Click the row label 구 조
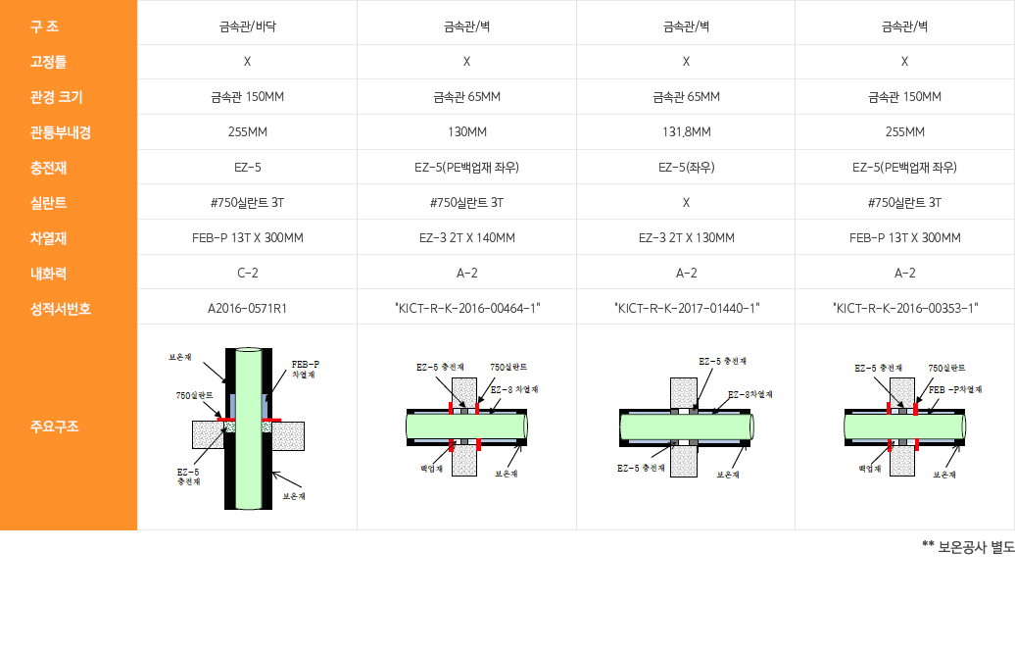pos(44,26)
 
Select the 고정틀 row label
pos(48,62)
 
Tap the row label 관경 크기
pos(56,97)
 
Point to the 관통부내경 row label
pos(60,132)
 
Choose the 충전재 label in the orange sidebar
pos(48,168)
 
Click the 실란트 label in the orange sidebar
pos(48,203)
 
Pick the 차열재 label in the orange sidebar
pos(48,238)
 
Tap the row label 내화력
pos(48,274)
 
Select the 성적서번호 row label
pos(60,309)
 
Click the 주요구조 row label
pos(54,427)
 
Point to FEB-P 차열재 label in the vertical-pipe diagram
pos(305,369)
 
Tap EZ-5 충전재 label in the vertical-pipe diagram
pos(188,477)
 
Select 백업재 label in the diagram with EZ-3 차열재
pos(432,469)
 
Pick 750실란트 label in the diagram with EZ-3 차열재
pos(508,367)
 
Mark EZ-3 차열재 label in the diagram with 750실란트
pos(514,389)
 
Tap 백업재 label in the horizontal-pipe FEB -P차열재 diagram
pos(870,469)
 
